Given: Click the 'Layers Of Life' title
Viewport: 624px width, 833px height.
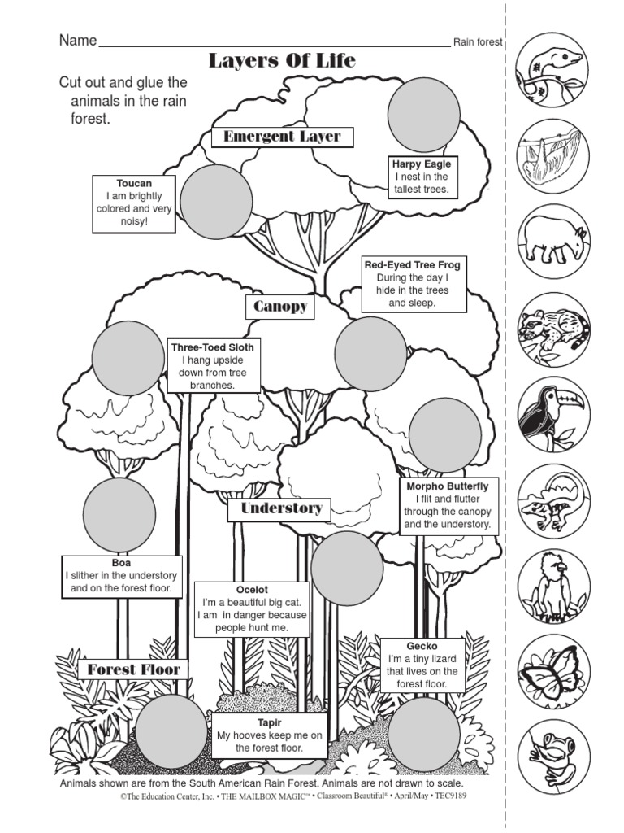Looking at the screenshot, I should (282, 61).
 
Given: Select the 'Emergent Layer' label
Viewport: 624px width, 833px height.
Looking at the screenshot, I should (282, 137).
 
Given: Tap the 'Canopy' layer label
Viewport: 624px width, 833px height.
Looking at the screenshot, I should (280, 307).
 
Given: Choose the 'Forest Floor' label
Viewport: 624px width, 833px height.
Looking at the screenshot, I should (133, 669).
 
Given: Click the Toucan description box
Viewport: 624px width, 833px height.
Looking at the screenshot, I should (134, 203).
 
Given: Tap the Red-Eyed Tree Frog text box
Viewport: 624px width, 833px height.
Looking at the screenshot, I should (413, 284).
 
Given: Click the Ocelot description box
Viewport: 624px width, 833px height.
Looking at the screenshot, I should (251, 608).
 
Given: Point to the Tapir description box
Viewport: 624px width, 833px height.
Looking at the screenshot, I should (270, 735).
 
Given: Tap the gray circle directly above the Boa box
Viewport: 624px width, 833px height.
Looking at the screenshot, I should (119, 514).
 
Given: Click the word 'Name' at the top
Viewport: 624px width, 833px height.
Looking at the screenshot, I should (78, 41).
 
